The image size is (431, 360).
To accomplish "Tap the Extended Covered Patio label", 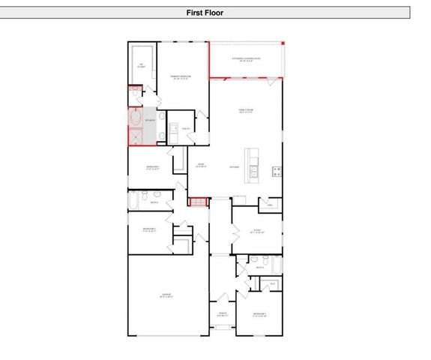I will pos(246,58).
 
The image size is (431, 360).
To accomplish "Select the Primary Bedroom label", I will pos(178,77).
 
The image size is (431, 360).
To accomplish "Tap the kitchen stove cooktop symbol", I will pos(277,170).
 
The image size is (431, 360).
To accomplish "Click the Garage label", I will pos(166,295).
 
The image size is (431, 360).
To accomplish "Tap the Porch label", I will pos(222,314).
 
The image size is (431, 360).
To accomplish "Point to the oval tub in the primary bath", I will pos(135,118).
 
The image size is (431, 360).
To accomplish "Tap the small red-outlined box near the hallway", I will pos(197,201).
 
